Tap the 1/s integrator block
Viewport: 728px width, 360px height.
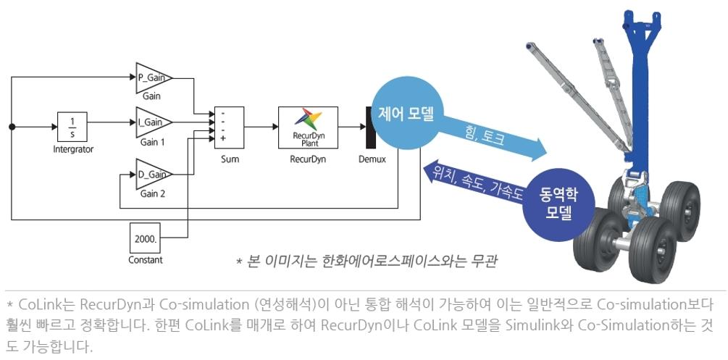click(x=72, y=127)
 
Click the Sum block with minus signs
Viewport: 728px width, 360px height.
click(x=229, y=126)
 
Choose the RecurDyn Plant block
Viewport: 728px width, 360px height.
click(x=308, y=126)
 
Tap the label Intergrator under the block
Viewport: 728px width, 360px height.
click(x=73, y=149)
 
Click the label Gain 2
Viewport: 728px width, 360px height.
click(x=153, y=194)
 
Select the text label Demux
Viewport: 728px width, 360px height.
click(x=372, y=159)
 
